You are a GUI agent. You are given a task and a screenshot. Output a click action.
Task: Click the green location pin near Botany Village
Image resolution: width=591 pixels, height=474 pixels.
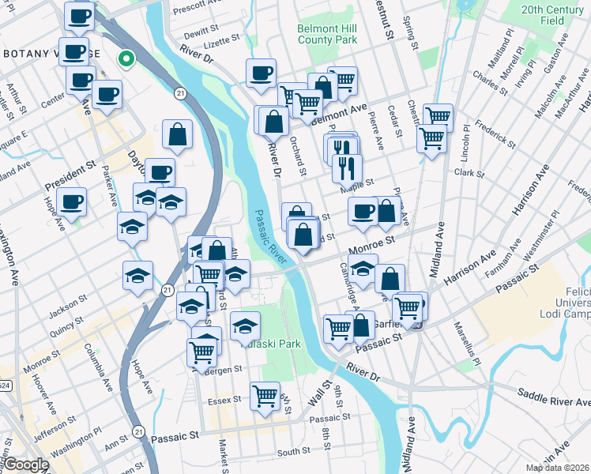(x=125, y=58)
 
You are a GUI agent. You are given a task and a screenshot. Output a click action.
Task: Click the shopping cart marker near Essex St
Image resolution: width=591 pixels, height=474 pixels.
(x=265, y=394)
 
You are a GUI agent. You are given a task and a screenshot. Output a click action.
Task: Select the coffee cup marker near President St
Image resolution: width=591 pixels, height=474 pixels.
(x=72, y=201)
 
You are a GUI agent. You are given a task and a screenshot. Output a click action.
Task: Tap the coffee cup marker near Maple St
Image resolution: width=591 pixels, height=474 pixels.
(x=363, y=211)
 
